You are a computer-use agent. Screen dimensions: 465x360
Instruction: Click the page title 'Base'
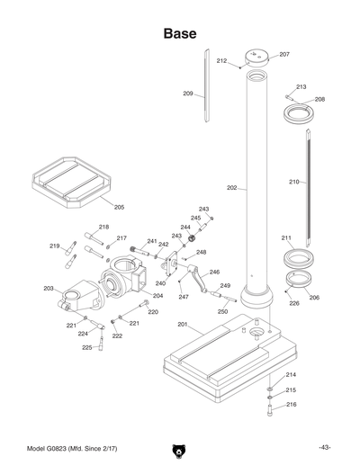coord(180,34)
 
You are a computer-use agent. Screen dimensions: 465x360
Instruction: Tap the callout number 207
coord(284,55)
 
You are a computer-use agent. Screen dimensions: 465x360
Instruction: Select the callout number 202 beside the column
coord(231,188)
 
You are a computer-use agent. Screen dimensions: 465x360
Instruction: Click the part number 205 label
coord(119,208)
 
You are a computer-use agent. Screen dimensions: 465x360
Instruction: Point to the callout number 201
coord(182,325)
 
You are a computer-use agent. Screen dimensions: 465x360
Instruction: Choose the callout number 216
coord(291,405)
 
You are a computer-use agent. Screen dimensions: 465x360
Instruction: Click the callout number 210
coord(293,183)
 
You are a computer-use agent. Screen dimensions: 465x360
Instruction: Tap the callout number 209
coord(188,94)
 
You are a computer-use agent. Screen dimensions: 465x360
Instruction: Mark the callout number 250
coord(222,311)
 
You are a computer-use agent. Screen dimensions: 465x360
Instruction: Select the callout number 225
coord(86,347)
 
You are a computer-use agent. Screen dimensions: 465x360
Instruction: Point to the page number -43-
coord(324,448)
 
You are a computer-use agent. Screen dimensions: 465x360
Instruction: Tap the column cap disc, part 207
coord(256,61)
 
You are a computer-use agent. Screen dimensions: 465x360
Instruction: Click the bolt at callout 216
coord(268,409)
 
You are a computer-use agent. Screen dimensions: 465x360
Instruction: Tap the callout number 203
coord(49,289)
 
